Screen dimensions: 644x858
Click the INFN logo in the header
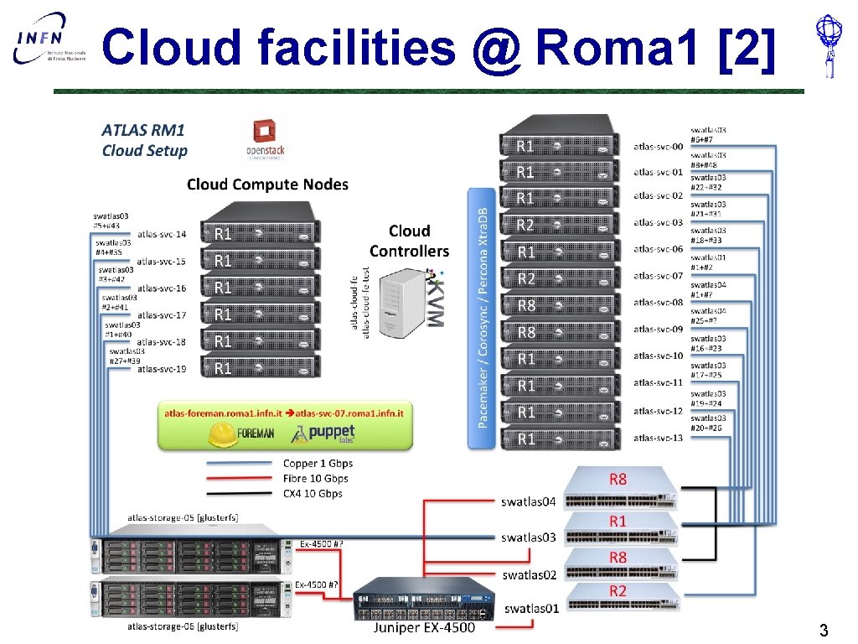tap(49, 43)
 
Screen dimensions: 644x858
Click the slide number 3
tap(824, 630)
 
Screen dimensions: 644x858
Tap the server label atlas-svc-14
tap(162, 234)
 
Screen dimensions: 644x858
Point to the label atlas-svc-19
tap(162, 368)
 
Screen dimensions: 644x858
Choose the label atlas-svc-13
tap(658, 438)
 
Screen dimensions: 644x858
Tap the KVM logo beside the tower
tap(435, 299)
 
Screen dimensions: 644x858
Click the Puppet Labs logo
tap(322, 433)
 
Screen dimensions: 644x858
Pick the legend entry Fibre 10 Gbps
tap(316, 478)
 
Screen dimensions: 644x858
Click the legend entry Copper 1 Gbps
tap(318, 463)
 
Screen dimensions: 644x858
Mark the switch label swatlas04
tap(528, 501)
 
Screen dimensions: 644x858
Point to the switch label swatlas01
tap(531, 608)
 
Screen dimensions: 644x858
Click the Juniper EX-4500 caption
tap(424, 627)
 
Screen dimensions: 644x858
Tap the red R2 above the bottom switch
tap(618, 591)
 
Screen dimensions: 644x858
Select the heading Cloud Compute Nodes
tap(267, 184)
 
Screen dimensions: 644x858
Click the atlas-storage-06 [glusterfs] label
tap(183, 626)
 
